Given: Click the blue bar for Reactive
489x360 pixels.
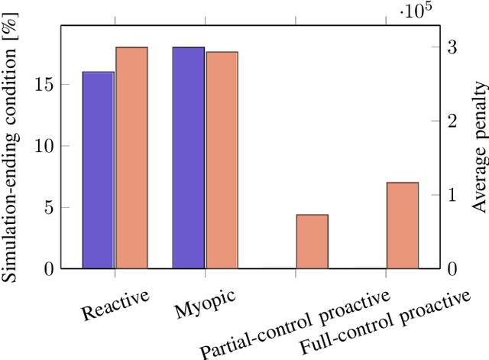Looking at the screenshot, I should pos(99,170).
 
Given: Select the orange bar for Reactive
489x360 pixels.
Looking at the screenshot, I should pos(131,157).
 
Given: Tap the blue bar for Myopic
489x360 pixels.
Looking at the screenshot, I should pos(189,157).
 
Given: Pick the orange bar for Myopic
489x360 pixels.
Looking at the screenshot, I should pos(222,160).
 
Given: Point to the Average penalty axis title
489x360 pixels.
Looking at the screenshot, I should pos(478,153).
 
